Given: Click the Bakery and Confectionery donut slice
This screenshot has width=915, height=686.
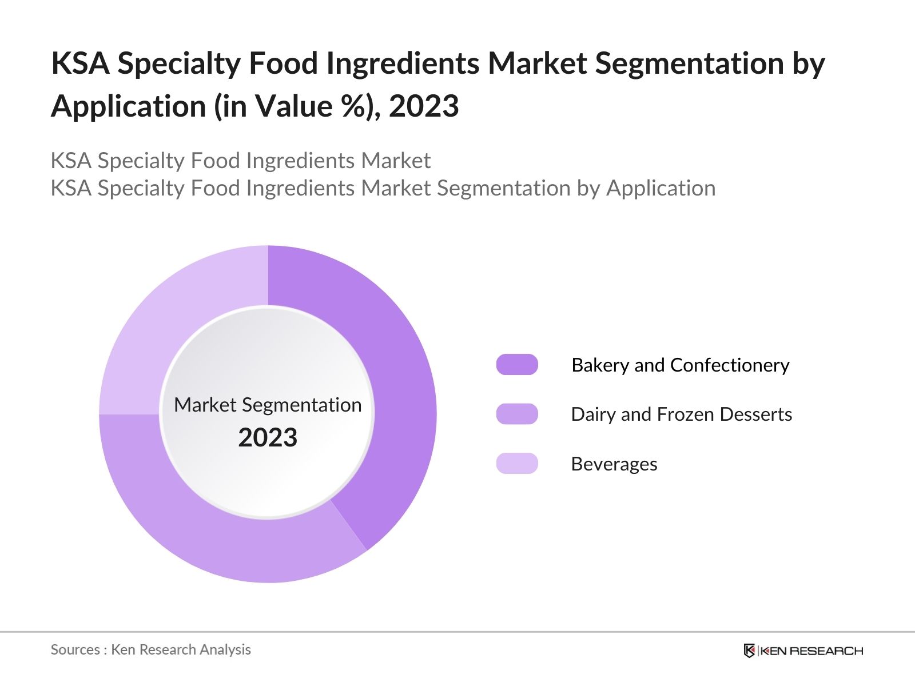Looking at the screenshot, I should pos(395,389).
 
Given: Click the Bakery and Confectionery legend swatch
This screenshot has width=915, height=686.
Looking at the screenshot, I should pos(517,365).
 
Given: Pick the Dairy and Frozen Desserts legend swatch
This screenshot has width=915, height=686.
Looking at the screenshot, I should pos(517,414).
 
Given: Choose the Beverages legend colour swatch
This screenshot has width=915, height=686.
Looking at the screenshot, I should pos(517,464).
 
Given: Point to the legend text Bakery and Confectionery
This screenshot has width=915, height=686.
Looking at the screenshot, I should pos(681,365).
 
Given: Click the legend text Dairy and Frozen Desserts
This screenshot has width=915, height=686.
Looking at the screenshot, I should pos(681,414).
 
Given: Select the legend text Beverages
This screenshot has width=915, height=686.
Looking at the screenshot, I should pos(614,464).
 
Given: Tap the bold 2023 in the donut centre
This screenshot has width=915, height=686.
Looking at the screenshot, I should pos(268,438).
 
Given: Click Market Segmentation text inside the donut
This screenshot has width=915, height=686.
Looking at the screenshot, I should pos(268,405).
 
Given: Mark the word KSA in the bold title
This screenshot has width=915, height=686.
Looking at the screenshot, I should pos(80,63).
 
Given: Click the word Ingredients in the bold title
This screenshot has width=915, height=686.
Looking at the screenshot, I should pos(402,64).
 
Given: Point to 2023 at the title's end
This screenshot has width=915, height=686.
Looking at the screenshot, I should pos(424,106).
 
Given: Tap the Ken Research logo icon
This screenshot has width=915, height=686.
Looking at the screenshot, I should pos(749,651).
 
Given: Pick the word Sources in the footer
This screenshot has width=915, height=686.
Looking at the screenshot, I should pos(75,650).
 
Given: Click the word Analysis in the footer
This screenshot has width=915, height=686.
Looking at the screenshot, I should pos(229,650).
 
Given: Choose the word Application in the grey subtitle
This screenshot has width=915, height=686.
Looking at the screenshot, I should pos(661,189).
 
